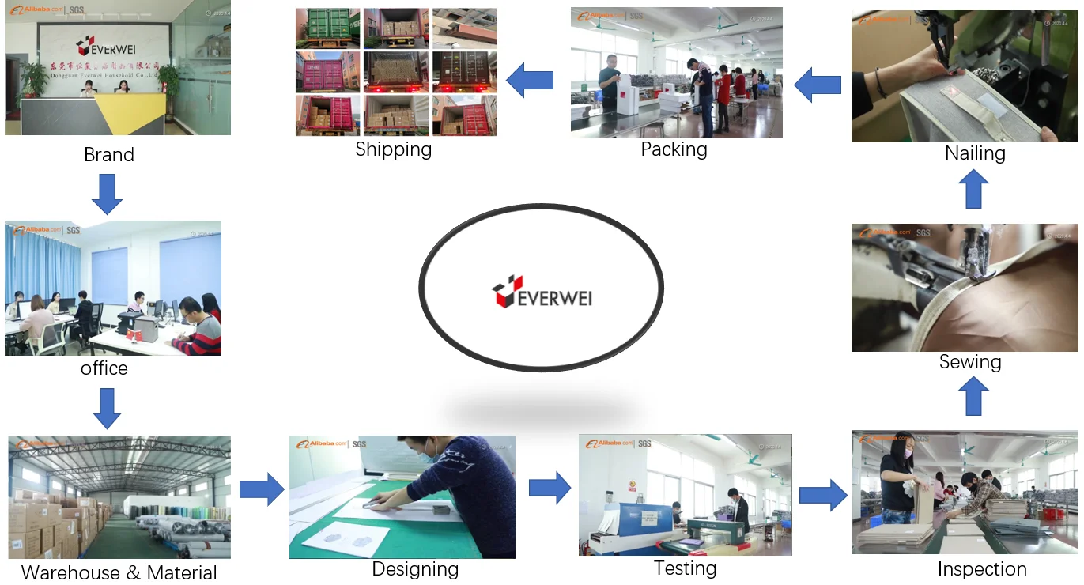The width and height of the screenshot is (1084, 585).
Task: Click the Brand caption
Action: point(109,154)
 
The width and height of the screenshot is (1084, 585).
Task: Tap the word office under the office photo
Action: point(104,368)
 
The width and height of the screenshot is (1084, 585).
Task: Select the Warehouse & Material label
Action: point(119,572)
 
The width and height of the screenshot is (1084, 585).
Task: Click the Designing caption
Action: point(415,569)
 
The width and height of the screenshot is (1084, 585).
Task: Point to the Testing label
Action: point(685,568)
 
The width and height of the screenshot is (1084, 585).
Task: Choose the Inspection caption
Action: point(982,568)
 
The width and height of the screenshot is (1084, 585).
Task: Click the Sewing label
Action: point(970,361)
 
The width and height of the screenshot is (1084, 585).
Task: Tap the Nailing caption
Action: point(975,153)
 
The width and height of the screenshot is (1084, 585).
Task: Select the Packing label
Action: point(674,149)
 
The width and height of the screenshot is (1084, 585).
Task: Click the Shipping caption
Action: point(393,149)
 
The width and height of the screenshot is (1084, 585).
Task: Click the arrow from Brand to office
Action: point(107,195)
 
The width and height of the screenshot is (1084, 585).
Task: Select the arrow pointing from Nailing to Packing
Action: point(817,84)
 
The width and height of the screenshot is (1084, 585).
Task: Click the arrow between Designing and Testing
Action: point(550,487)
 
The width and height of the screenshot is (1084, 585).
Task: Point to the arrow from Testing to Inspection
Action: point(822,495)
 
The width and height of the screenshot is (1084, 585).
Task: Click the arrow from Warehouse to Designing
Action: point(261,489)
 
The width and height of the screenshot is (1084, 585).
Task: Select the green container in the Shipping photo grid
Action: point(327,28)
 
